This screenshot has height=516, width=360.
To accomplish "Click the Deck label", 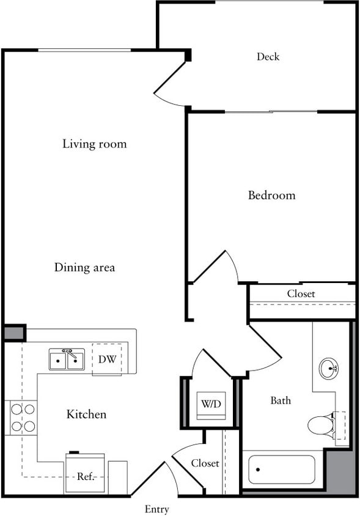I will (268, 57).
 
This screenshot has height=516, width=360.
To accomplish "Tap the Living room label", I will (95, 144).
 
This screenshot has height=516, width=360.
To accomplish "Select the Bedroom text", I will (271, 196).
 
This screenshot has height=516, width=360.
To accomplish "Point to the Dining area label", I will (84, 268).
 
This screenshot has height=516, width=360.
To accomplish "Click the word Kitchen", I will (86, 415).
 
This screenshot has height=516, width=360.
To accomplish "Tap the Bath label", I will (281, 401).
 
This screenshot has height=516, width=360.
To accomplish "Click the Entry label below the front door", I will (157, 509).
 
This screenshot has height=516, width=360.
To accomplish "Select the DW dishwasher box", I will (107, 359).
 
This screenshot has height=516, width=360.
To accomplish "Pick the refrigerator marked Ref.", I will (85, 474).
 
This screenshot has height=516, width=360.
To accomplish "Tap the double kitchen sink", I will (67, 359).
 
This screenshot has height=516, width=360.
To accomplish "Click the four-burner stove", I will (21, 418).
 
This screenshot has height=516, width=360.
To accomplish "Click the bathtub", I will (281, 470).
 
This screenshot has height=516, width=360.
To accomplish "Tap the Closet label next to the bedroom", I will (301, 294).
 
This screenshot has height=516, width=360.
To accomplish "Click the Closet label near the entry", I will (205, 463).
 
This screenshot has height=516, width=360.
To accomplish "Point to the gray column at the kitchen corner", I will (13, 333).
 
